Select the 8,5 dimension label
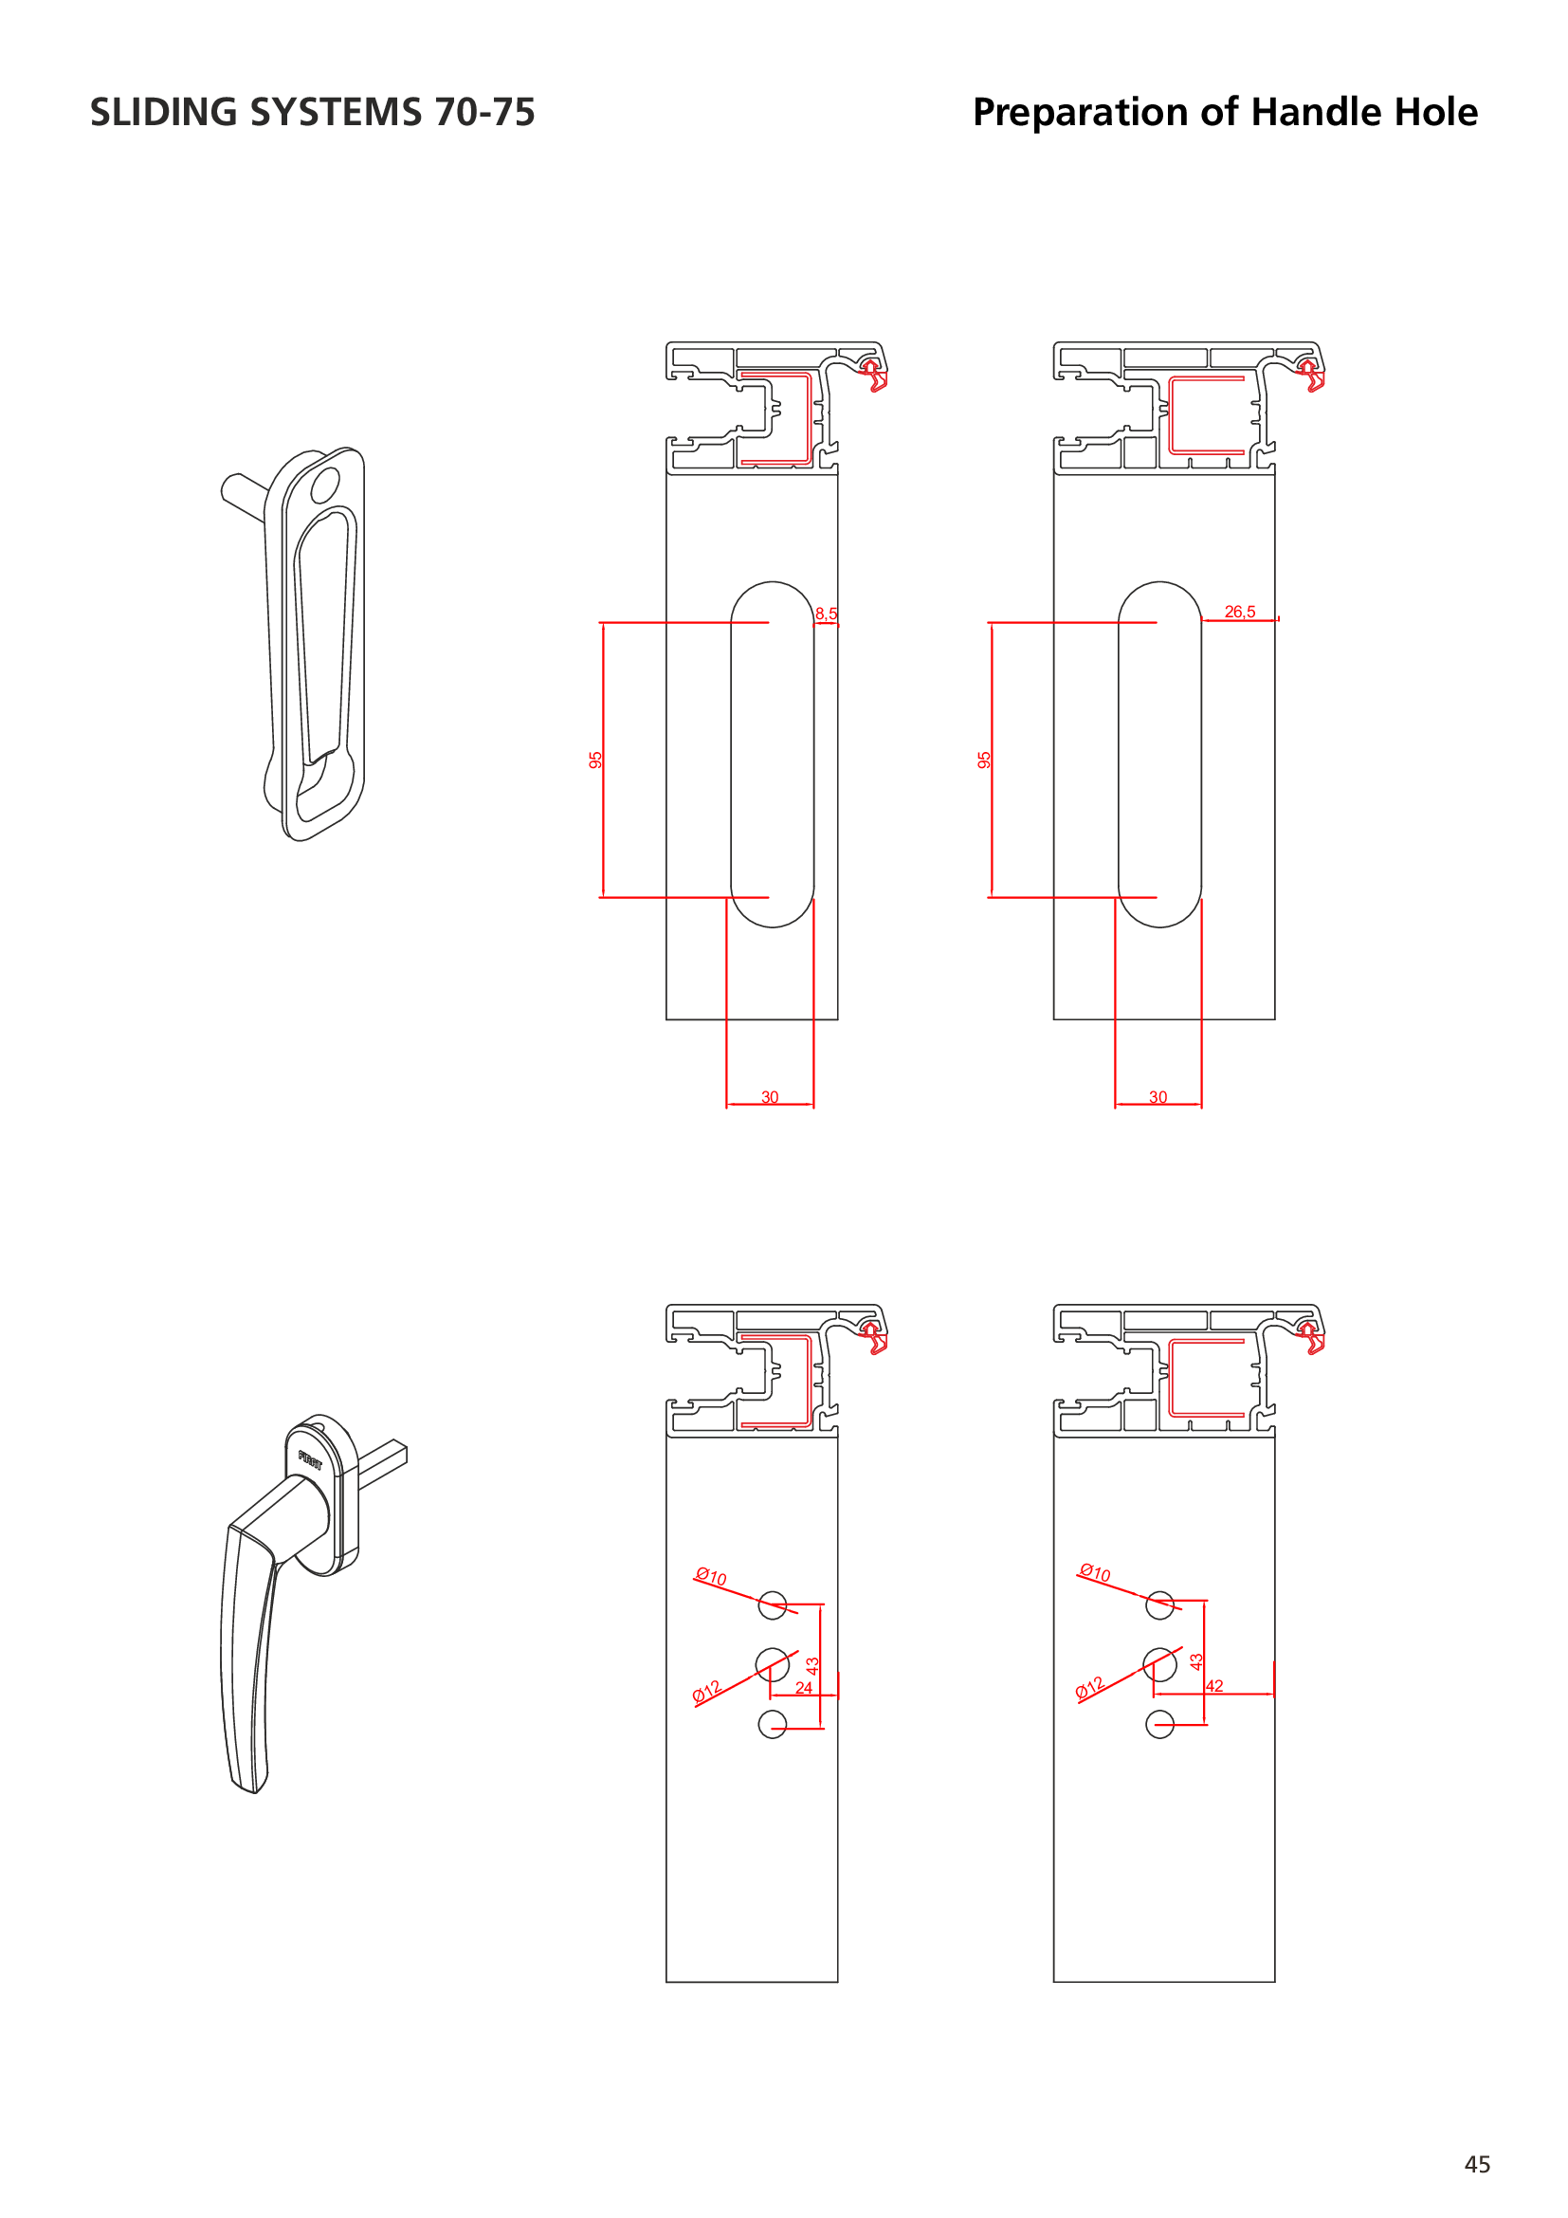pos(826,614)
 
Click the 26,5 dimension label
pos(1240,612)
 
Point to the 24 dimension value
pos(803,1688)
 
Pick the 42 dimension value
pos(1214,1686)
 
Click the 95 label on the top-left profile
pos(595,761)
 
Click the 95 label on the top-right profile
pos(984,761)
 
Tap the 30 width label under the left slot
pos(770,1096)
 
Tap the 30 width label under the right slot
pos(1158,1096)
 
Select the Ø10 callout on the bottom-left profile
pos(711,1576)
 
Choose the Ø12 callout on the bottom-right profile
pos(1089,1689)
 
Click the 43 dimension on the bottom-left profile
pos(812,1665)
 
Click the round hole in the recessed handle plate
pos(325,485)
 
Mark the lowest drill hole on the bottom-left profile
pos(773,1723)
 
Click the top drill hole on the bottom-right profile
pos(1159,1604)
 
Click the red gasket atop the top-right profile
pos(1311,375)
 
